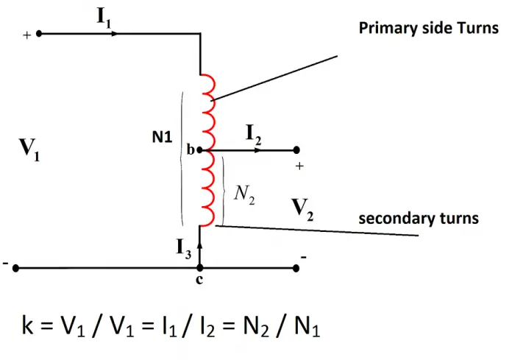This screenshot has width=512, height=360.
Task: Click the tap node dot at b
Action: pyautogui.click(x=199, y=149)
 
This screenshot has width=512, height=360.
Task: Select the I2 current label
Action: pyautogui.click(x=254, y=133)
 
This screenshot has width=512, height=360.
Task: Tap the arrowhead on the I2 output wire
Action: pyautogui.click(x=257, y=149)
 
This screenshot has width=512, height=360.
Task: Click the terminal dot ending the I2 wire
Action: pyautogui.click(x=295, y=149)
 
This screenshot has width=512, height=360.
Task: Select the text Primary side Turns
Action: pyautogui.click(x=428, y=28)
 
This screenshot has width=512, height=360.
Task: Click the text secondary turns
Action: pyautogui.click(x=418, y=219)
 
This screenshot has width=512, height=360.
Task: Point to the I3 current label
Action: pyautogui.click(x=184, y=249)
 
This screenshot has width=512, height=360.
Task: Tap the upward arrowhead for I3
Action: pyautogui.click(x=199, y=242)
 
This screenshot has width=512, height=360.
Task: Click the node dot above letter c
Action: pyautogui.click(x=199, y=269)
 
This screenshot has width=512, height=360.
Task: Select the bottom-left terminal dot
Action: pyautogui.click(x=15, y=269)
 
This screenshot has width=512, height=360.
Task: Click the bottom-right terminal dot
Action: pyautogui.click(x=295, y=269)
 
